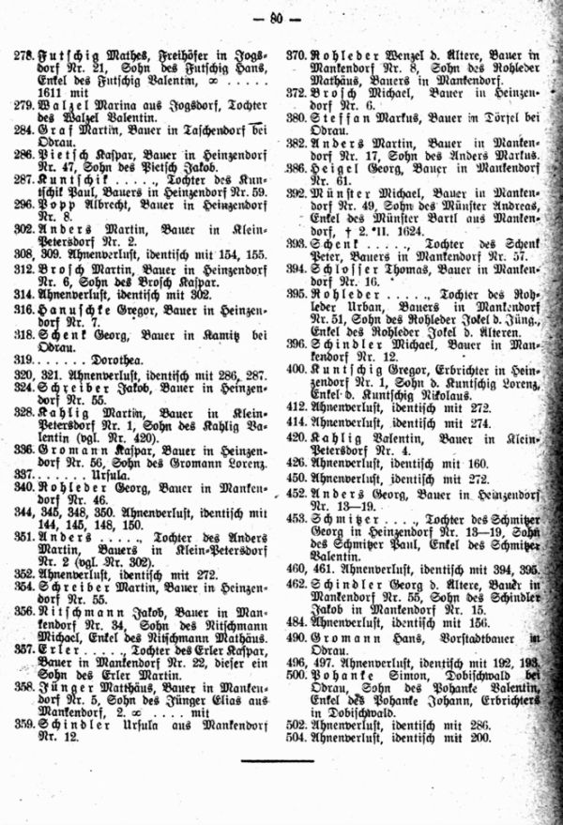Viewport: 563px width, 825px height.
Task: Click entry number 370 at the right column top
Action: [298, 56]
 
